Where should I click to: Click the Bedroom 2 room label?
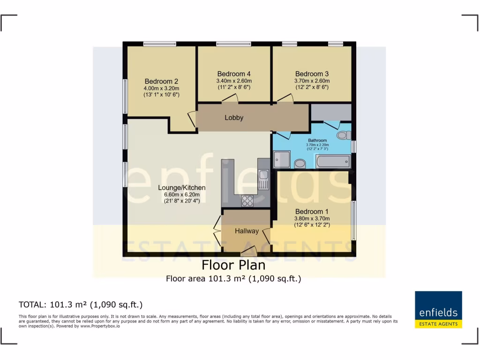point(161,81)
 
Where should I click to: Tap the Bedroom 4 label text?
point(234,74)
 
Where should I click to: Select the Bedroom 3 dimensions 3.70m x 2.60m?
point(312,80)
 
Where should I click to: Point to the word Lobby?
point(234,118)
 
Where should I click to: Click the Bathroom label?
point(317,140)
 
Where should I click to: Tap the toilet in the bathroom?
point(344,135)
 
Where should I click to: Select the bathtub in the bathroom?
point(333,162)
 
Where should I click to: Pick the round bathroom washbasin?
point(300,163)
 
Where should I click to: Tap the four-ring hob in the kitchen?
point(247,201)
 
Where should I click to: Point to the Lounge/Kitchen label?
point(181,187)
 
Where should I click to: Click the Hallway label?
point(247,231)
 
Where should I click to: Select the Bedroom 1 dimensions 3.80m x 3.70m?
point(312,218)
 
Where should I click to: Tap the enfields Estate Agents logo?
point(438,309)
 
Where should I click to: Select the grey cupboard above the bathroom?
point(331,112)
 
